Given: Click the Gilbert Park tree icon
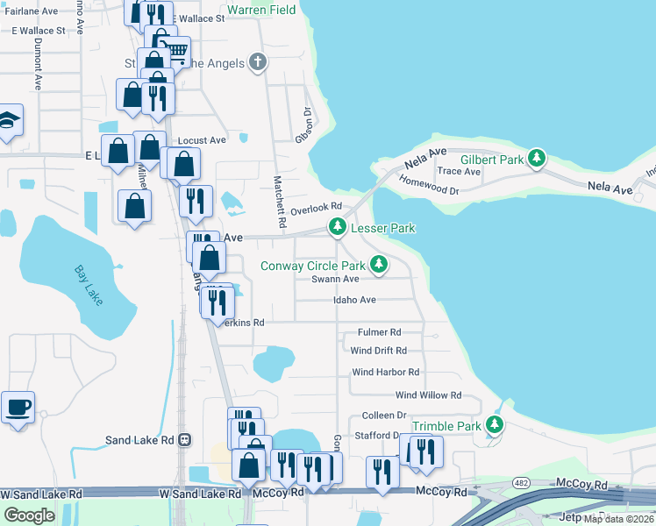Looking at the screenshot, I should click(537, 160).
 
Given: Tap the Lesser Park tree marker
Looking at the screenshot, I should click(337, 227).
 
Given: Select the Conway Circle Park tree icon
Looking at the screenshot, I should click(378, 264).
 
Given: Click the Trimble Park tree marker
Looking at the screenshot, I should click(495, 425).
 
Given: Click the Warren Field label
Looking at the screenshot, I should click(261, 11).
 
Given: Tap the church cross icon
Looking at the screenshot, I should click(257, 61).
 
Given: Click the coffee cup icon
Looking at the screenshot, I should click(18, 407).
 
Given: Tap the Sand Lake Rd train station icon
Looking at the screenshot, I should click(184, 440).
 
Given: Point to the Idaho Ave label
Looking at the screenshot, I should click(354, 300).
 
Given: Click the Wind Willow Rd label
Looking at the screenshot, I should click(428, 395).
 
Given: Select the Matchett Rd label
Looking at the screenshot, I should click(279, 203).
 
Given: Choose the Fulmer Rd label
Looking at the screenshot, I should click(379, 332).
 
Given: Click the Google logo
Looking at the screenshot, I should click(29, 515).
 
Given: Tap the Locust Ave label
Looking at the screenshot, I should click(202, 140).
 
